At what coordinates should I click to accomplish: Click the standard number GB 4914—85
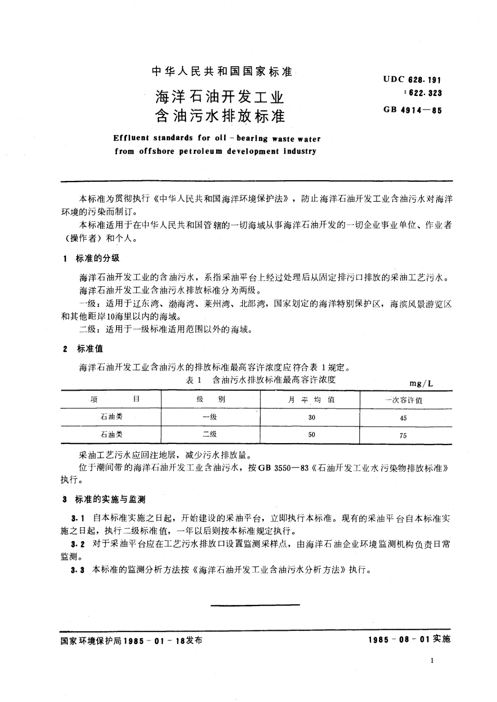(x=412, y=111)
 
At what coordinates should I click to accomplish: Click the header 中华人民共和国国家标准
(x=222, y=72)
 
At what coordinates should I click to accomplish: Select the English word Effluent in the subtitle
(x=131, y=138)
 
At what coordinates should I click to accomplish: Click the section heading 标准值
(x=90, y=348)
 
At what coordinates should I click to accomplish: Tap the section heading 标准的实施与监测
(x=110, y=499)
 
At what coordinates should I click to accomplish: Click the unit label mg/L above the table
(x=421, y=384)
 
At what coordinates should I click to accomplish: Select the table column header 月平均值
(x=312, y=399)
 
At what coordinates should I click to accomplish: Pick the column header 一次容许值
(x=403, y=400)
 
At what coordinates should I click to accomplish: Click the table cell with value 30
(x=312, y=417)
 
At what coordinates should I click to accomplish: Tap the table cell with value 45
(x=403, y=418)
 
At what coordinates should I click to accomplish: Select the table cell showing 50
(x=312, y=435)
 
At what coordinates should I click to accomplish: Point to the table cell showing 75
(x=403, y=436)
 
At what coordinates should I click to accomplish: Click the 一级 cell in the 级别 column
(x=210, y=417)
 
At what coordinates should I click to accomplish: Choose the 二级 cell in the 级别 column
(x=210, y=434)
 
